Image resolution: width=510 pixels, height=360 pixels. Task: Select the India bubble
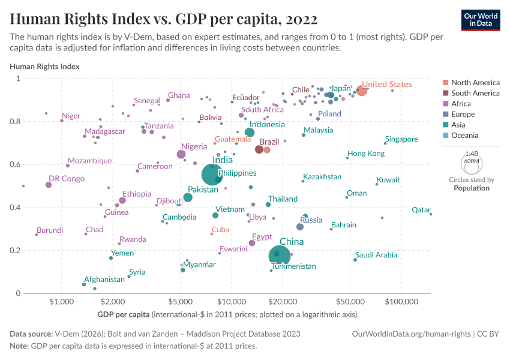[x=213, y=175]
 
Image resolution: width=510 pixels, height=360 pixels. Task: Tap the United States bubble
[x=361, y=91]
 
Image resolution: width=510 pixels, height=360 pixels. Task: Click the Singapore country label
[x=401, y=139]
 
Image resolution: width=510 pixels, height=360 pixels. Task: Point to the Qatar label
[x=421, y=210]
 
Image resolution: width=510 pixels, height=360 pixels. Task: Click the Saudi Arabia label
[x=376, y=255]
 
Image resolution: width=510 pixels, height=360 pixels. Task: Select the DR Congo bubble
[x=49, y=185]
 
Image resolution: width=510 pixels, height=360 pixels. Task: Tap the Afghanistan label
[x=104, y=280]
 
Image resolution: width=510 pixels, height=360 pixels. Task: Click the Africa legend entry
[x=463, y=104]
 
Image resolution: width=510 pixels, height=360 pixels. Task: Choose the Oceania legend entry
[x=466, y=136]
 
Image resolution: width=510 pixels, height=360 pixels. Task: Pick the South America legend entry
[x=475, y=93]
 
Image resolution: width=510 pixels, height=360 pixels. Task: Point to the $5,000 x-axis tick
[x=180, y=301]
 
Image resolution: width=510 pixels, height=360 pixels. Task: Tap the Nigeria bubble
[x=181, y=155]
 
